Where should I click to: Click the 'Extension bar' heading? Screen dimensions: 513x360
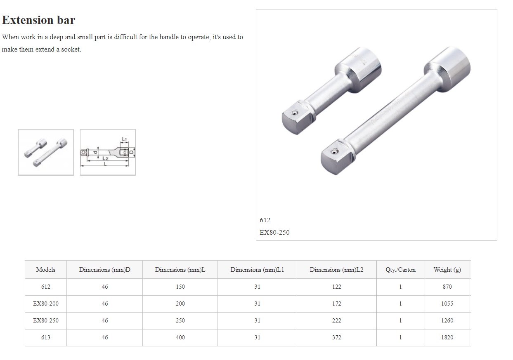coord(38,20)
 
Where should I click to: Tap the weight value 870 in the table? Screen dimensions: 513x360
coord(447,287)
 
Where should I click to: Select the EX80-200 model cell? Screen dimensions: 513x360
coord(46,304)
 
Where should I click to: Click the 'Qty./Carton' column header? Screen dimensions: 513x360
coord(400,270)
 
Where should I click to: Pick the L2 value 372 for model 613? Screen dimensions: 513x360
coord(336,338)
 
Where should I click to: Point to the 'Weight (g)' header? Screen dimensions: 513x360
coord(447,270)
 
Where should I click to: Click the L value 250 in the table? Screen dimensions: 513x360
coord(180,321)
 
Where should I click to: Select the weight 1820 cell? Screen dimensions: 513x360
coord(447,338)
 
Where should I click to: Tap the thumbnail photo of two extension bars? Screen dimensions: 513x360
coord(46,153)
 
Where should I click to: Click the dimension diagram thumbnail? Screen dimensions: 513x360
coord(108,153)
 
